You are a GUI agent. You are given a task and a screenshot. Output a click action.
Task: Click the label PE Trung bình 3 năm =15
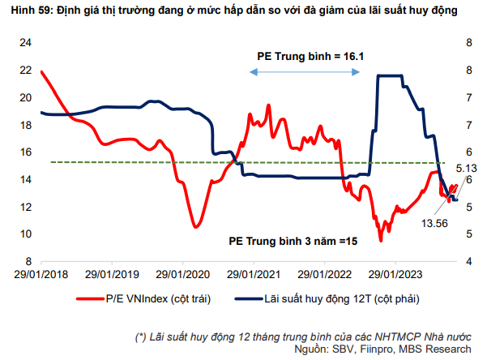293,241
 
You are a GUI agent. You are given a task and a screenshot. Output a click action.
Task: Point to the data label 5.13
464,168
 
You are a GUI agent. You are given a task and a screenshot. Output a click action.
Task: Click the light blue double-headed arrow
304,72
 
